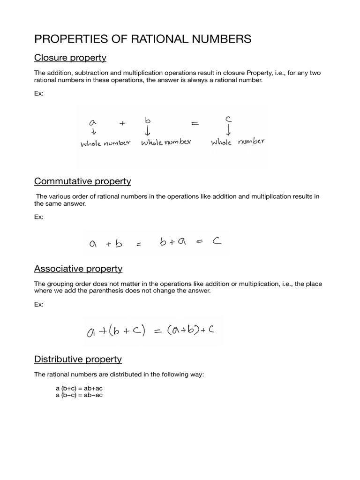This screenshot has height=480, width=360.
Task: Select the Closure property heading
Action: click(70, 58)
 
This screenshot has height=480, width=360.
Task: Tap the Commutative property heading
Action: click(82, 181)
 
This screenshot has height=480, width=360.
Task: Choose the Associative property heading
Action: click(78, 269)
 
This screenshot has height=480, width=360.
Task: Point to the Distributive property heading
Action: click(78, 359)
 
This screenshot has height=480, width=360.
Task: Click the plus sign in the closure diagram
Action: click(123, 123)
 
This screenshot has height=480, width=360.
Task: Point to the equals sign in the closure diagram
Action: click(195, 124)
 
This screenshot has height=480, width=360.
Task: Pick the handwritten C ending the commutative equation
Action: click(216, 243)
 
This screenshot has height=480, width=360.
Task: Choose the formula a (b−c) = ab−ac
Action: click(79, 395)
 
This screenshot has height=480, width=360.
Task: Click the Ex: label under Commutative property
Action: click(39, 217)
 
